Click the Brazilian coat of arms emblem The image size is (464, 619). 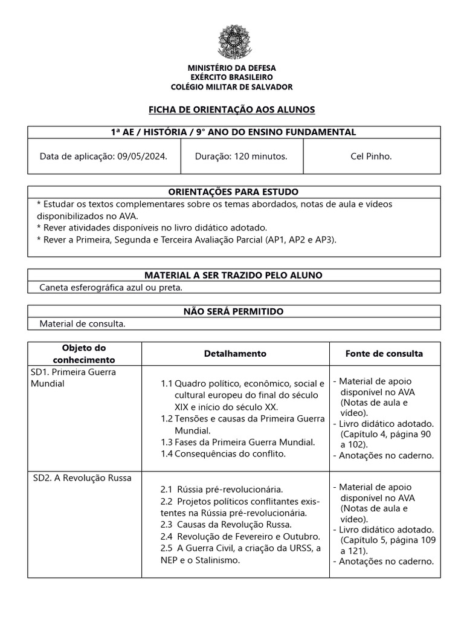click(x=232, y=42)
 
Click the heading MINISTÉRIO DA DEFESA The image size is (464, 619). click(x=232, y=68)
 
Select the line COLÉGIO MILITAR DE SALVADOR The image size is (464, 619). click(x=232, y=87)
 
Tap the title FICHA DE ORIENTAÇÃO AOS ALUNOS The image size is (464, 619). click(x=232, y=109)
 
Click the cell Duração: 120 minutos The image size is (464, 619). click(x=241, y=157)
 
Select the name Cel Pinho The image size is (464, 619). click(x=371, y=157)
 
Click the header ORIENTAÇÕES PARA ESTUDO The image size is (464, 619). click(x=233, y=192)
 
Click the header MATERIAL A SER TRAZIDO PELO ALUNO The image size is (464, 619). click(x=233, y=275)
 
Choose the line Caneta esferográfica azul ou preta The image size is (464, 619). click(x=111, y=288)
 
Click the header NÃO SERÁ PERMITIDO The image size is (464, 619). click(x=233, y=311)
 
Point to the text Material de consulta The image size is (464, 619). click(x=82, y=324)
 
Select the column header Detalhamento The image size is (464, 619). click(x=235, y=354)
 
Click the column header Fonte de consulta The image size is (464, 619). click(x=384, y=354)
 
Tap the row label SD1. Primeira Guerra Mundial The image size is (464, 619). click(x=73, y=378)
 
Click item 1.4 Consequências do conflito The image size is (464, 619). click(x=223, y=453)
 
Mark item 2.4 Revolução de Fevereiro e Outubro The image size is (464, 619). click(x=239, y=536)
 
